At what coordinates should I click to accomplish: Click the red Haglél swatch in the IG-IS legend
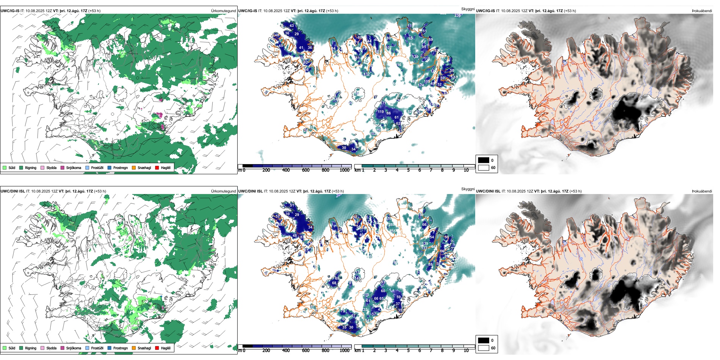click(x=157, y=167)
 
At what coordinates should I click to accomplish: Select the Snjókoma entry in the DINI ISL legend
click(x=74, y=348)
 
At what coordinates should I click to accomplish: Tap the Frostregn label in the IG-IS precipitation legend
click(x=120, y=167)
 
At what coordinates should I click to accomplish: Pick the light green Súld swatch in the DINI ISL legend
click(x=5, y=348)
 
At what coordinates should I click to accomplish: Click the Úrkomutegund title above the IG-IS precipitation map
click(x=223, y=11)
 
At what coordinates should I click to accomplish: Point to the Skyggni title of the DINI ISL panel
click(x=468, y=189)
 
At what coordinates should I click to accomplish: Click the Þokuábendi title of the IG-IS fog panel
click(x=702, y=11)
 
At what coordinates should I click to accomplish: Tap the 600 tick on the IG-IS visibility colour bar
click(x=306, y=170)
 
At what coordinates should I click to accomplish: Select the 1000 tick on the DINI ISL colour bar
click(x=344, y=351)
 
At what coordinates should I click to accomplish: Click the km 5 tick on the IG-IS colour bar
click(x=408, y=170)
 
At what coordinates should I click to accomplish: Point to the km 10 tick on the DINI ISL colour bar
click(x=466, y=351)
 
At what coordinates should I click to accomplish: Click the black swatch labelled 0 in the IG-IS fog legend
click(x=484, y=160)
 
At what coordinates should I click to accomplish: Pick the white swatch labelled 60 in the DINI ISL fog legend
click(x=484, y=348)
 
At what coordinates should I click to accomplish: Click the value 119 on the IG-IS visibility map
click(x=381, y=112)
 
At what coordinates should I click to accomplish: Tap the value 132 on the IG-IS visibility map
click(x=367, y=74)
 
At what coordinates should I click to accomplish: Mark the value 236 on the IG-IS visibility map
click(x=457, y=16)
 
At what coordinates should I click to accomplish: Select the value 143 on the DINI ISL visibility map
click(x=357, y=278)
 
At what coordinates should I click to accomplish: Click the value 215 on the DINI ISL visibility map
click(x=366, y=295)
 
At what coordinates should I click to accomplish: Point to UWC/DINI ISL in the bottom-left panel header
click(x=13, y=191)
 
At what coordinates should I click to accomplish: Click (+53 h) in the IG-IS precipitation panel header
click(x=94, y=11)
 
